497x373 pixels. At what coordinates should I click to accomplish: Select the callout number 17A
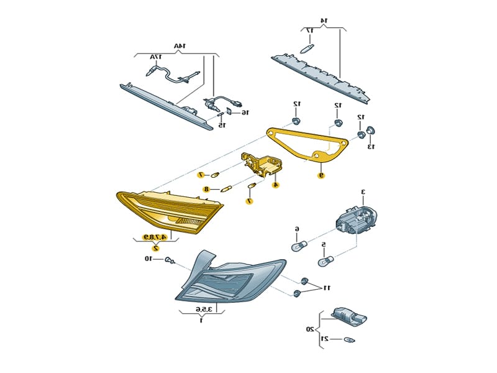[155, 57]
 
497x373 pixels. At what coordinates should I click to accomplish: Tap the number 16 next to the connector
[245, 113]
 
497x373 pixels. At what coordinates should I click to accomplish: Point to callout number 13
[371, 147]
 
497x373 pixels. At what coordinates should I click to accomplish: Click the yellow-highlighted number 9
[321, 175]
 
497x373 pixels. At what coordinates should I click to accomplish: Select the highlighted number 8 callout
[206, 189]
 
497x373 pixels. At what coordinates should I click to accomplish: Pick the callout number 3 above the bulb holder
[363, 192]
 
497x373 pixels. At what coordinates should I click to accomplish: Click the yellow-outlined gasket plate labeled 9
[307, 144]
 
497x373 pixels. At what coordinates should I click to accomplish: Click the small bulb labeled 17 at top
[306, 47]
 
